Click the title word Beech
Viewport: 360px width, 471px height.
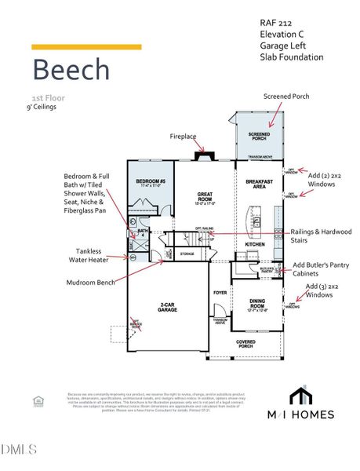pos(71,69)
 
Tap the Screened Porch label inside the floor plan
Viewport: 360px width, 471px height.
pos(259,136)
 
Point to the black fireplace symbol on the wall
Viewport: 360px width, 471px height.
pos(205,155)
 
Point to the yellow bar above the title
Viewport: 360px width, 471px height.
pos(86,47)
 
